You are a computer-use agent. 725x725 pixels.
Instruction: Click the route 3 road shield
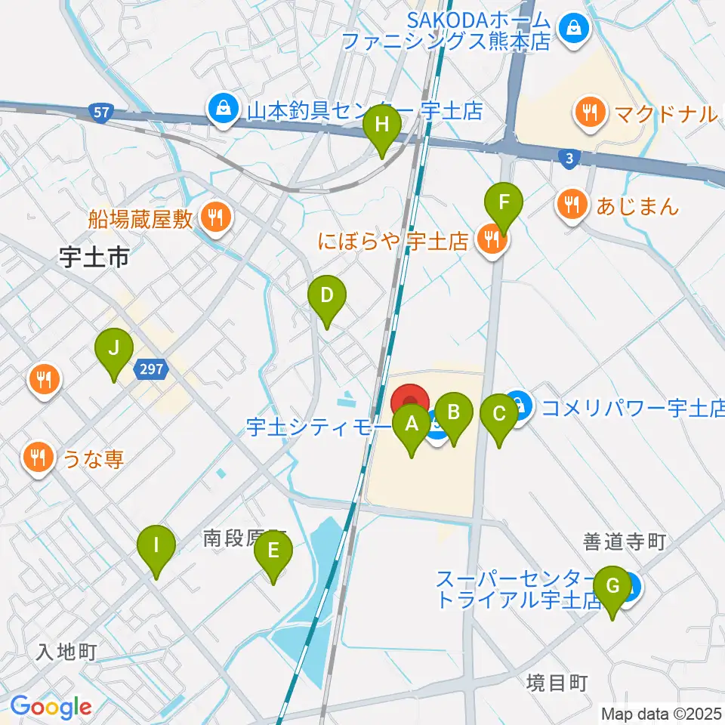click(569, 157)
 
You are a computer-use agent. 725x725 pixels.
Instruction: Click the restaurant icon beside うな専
click(37, 457)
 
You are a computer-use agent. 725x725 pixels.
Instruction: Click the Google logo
click(51, 707)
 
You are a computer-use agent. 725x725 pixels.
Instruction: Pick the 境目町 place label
click(557, 683)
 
